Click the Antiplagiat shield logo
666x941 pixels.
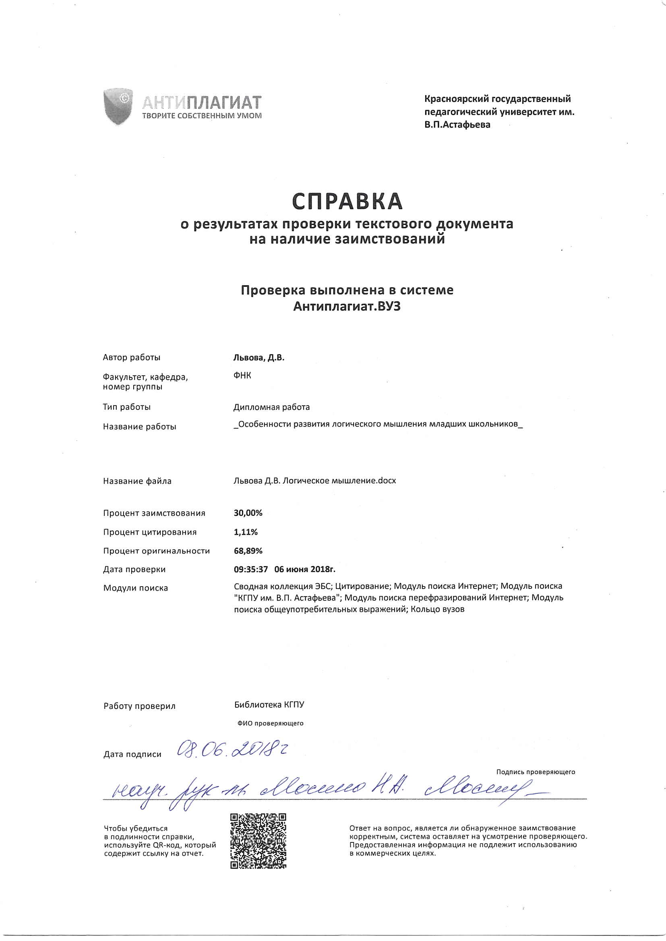coord(118,106)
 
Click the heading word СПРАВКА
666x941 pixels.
coord(347,201)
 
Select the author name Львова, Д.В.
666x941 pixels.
coord(259,357)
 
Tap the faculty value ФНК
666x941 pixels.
coord(242,375)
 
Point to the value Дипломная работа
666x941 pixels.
coord(271,407)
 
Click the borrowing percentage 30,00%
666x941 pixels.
coord(248,513)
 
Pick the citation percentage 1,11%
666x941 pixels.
coord(246,532)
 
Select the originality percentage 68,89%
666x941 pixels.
coord(248,551)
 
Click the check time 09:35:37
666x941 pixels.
coord(250,569)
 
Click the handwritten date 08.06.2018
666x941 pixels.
coord(232,749)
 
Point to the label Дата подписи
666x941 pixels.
coord(132,754)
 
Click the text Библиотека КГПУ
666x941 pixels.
coord(269,704)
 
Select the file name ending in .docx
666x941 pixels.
coord(314,480)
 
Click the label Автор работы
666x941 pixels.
coord(131,357)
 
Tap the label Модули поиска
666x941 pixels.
coord(135,588)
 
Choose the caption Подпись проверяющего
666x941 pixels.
coord(535,772)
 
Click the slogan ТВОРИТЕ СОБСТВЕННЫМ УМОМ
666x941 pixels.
coord(202,115)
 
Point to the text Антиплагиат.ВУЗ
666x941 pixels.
coord(347,307)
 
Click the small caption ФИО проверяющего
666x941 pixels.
coord(270,723)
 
